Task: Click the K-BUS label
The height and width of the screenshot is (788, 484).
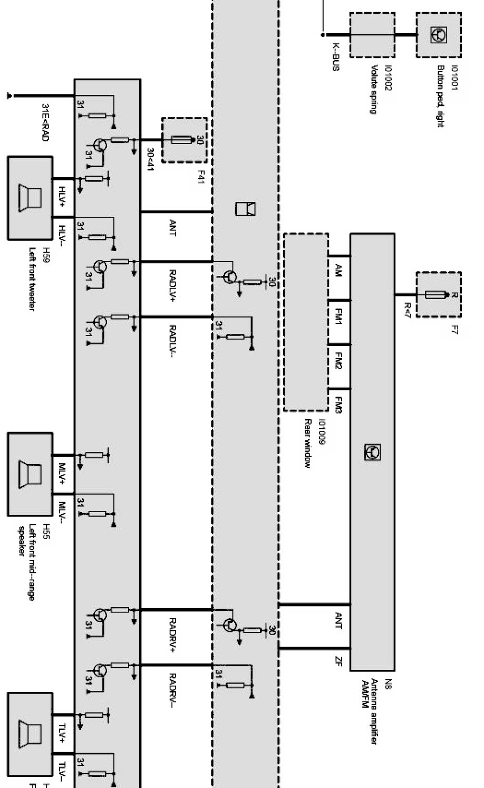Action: pos(335,57)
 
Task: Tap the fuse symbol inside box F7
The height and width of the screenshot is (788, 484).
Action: pos(439,295)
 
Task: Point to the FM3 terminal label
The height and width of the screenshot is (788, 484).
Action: pos(338,405)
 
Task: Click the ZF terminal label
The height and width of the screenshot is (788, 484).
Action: pos(338,660)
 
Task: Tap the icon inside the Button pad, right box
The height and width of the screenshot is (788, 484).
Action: pos(439,35)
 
